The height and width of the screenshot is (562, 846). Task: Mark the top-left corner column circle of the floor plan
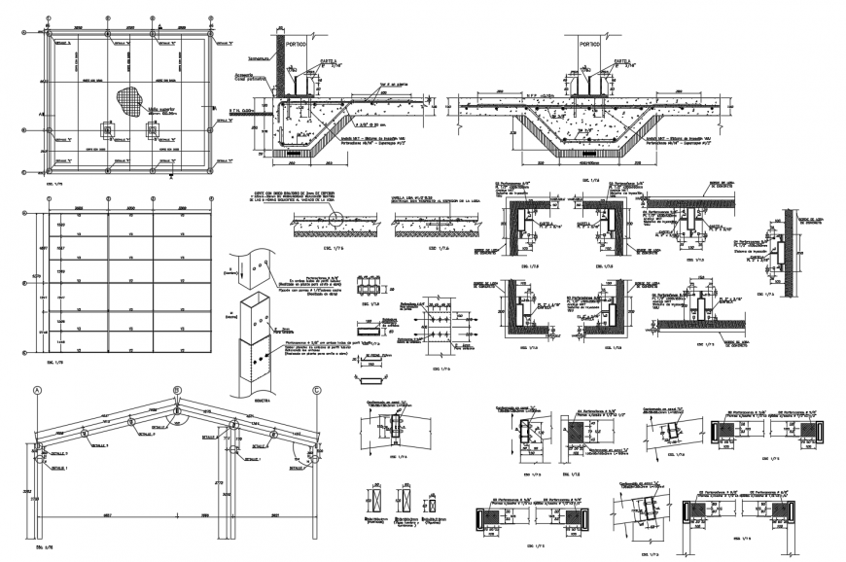(49, 33)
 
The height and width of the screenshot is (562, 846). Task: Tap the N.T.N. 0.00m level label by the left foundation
(243, 113)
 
